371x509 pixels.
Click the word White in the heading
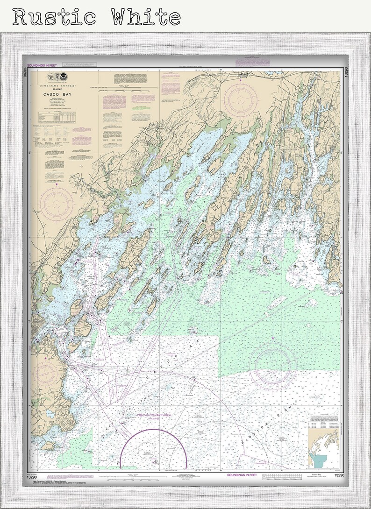pyautogui.click(x=146, y=17)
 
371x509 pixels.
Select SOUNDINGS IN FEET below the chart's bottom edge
pyautogui.click(x=242, y=475)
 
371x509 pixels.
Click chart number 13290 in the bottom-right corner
pyautogui.click(x=339, y=475)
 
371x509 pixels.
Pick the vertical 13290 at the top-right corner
pyautogui.click(x=346, y=73)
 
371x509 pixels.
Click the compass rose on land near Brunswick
pyautogui.click(x=240, y=99)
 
